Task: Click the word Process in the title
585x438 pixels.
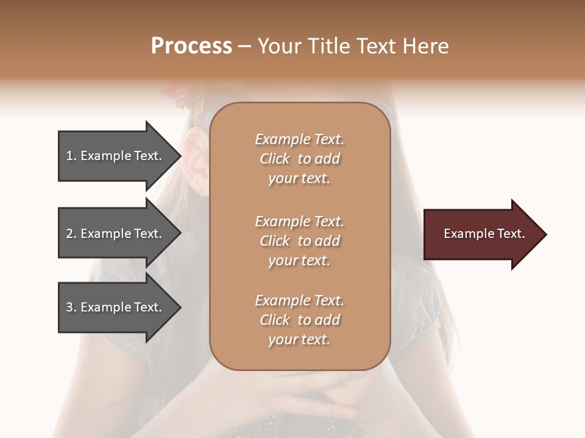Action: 191,46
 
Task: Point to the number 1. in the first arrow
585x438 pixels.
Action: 71,156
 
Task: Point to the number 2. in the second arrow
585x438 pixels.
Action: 71,234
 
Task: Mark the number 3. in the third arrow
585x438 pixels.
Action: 71,307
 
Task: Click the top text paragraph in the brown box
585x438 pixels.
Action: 299,159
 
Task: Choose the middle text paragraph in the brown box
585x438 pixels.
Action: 299,240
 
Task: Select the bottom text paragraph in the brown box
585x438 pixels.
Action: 299,320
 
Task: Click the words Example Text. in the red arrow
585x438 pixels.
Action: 484,234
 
